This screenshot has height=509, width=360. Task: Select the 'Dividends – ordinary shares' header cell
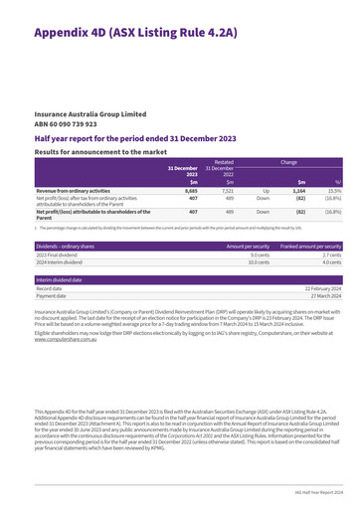(x=50, y=245)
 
